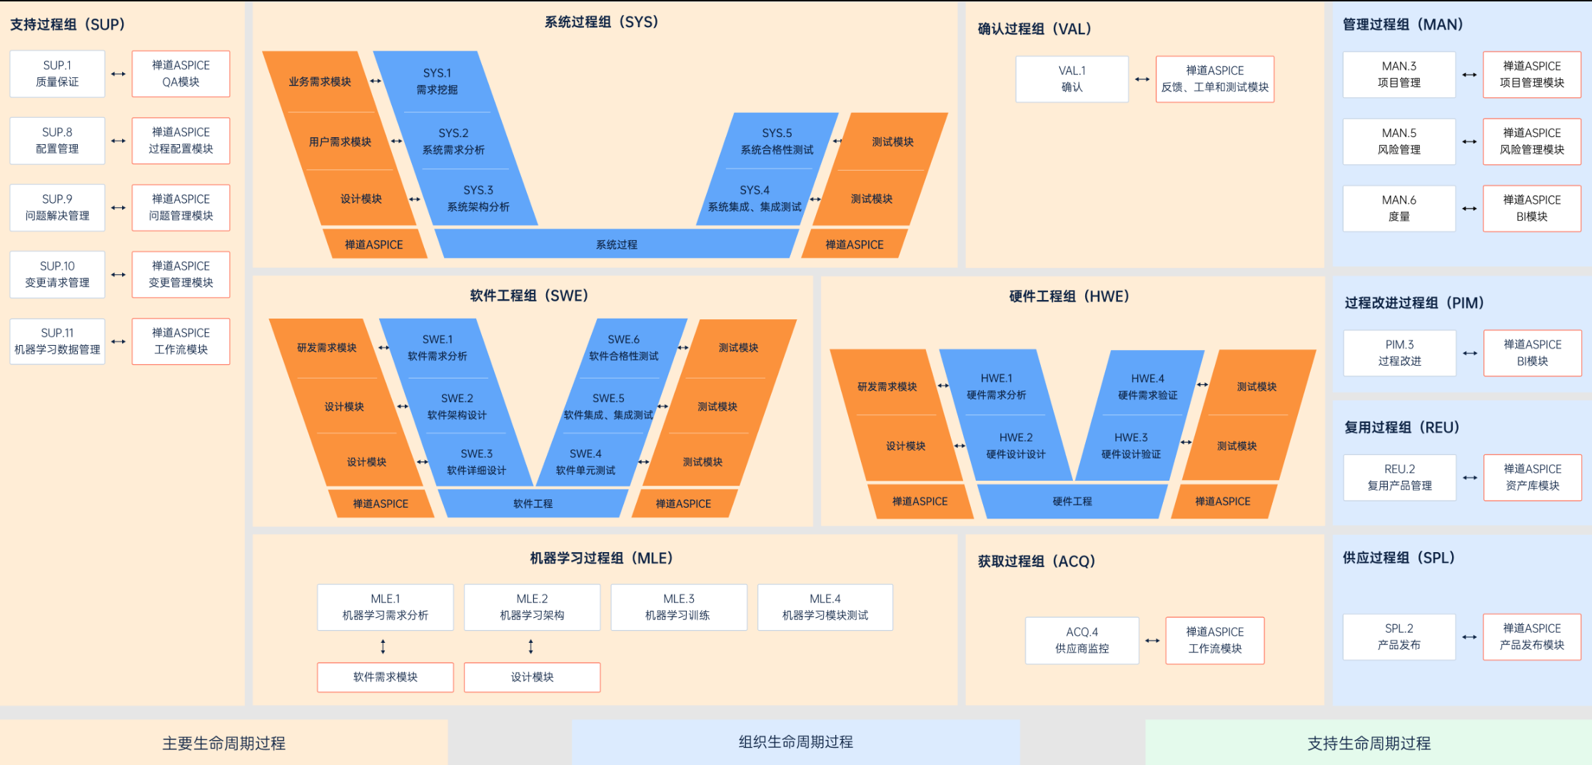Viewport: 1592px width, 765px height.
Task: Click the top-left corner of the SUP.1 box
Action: pyautogui.click(x=10, y=51)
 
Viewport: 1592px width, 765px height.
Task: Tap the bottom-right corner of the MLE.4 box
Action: pyautogui.click(x=893, y=630)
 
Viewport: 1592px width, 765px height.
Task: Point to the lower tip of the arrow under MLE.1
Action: pyautogui.click(x=383, y=654)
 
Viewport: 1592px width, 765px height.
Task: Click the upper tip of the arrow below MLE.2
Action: pyautogui.click(x=530, y=639)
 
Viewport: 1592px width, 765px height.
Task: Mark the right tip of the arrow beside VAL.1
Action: pyautogui.click(x=1150, y=79)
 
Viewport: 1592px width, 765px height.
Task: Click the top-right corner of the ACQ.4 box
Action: pyautogui.click(x=1139, y=618)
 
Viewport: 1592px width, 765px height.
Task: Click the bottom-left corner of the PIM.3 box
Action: pyautogui.click(x=1344, y=376)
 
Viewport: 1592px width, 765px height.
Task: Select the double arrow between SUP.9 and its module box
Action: pyautogui.click(x=119, y=208)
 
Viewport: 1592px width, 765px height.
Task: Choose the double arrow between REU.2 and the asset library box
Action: pyautogui.click(x=1470, y=478)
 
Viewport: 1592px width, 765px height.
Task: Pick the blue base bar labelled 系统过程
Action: pyautogui.click(x=617, y=244)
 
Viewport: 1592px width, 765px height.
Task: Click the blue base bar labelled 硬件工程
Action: pyautogui.click(x=1072, y=501)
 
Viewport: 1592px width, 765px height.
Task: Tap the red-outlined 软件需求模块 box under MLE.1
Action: pyautogui.click(x=386, y=677)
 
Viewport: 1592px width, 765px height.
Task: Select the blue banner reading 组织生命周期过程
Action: pyautogui.click(x=796, y=742)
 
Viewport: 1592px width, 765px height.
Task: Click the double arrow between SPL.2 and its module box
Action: pyautogui.click(x=1469, y=637)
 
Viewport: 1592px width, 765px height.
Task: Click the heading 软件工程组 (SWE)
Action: pyautogui.click(x=529, y=296)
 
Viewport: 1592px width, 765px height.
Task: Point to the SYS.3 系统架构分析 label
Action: pyautogui.click(x=478, y=199)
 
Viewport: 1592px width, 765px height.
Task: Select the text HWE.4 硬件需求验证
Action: pyautogui.click(x=1148, y=386)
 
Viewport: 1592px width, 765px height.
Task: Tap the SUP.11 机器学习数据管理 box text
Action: pyautogui.click(x=57, y=341)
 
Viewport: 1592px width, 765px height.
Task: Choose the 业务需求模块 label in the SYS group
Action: pyautogui.click(x=320, y=81)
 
